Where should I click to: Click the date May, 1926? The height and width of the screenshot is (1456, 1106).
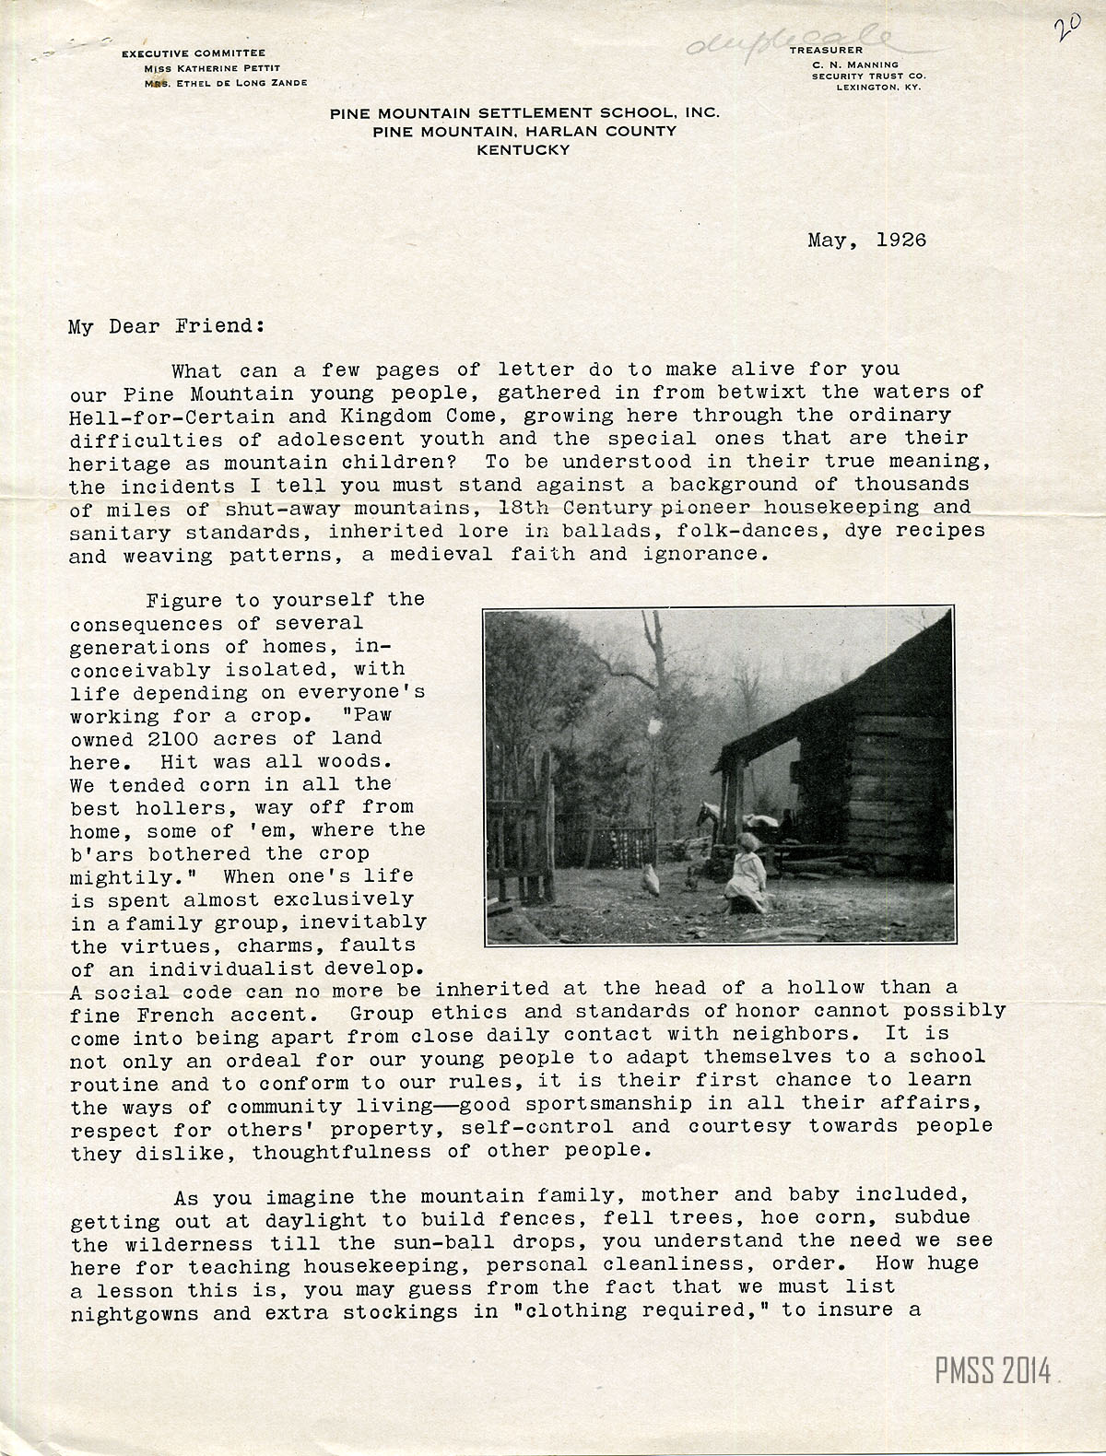pyautogui.click(x=866, y=241)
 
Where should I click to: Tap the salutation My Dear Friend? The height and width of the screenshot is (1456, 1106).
pyautogui.click(x=167, y=326)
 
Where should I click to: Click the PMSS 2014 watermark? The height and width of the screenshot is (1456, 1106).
pyautogui.click(x=993, y=1372)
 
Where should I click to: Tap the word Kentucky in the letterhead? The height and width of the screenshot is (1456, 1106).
pyautogui.click(x=524, y=149)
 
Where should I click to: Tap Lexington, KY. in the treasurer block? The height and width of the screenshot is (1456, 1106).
pyautogui.click(x=877, y=88)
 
